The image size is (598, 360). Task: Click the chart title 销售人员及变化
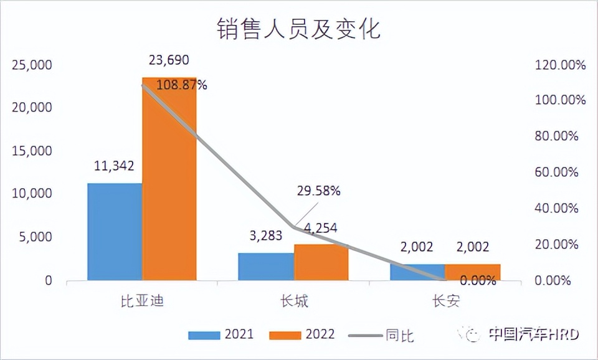click(x=298, y=29)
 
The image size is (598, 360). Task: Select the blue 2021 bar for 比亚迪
click(x=115, y=232)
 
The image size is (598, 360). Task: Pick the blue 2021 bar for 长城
click(x=266, y=267)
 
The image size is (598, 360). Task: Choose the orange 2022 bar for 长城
click(x=321, y=263)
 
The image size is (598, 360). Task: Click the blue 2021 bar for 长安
click(x=417, y=272)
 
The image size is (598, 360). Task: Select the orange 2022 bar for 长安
click(x=473, y=272)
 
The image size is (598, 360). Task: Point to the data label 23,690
click(x=169, y=60)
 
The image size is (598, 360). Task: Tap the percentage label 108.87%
click(x=182, y=85)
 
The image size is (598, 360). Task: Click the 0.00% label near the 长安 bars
click(x=478, y=280)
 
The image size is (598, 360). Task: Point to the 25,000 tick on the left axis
click(x=31, y=65)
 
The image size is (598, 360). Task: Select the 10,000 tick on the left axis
click(x=31, y=194)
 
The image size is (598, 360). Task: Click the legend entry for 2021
click(x=221, y=334)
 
